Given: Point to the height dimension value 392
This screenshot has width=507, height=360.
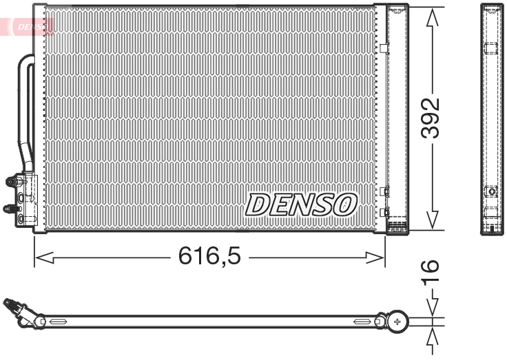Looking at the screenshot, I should coord(431,118).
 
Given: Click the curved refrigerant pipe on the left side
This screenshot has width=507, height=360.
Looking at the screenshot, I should coord(25,110).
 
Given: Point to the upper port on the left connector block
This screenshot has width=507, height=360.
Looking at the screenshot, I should coord(12,182).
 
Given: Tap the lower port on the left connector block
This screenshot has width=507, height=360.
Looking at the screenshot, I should coord(10,207).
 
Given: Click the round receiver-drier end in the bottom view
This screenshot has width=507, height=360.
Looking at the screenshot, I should coord(397,321).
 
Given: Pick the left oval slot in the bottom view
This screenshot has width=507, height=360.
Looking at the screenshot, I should coord(56,321).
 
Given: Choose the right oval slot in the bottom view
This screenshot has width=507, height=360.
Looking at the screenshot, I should coord(362,321).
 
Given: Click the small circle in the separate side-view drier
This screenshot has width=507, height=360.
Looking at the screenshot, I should coord(491,192).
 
